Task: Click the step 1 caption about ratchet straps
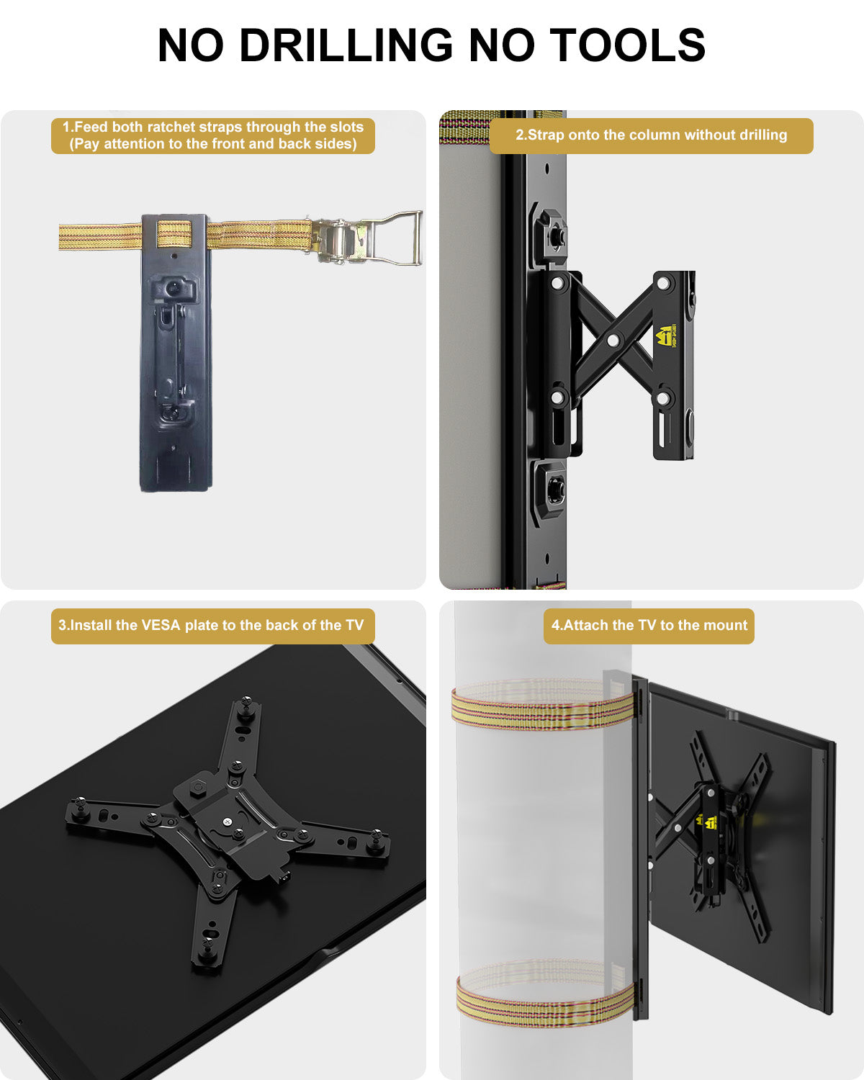(x=213, y=135)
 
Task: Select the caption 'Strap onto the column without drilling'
(x=651, y=135)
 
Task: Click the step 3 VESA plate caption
(x=212, y=625)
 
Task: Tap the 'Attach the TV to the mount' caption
(x=649, y=625)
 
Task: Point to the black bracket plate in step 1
(x=175, y=374)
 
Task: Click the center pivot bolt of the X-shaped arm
(x=613, y=339)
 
